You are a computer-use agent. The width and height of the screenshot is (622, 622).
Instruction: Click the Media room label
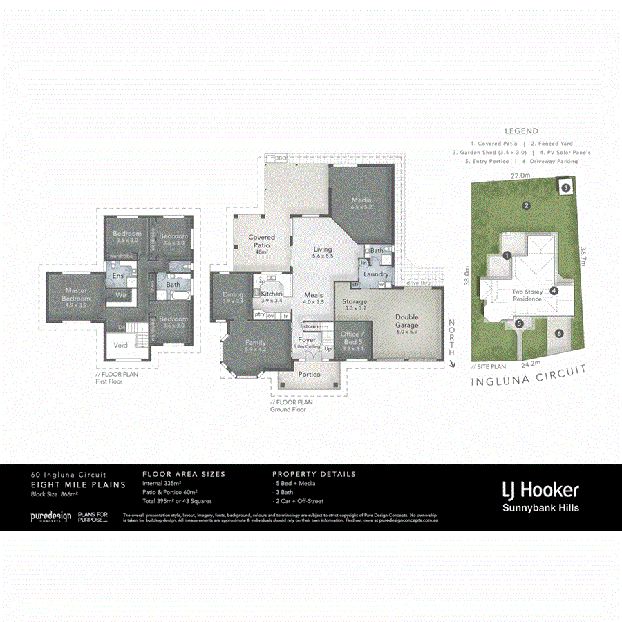point(361,201)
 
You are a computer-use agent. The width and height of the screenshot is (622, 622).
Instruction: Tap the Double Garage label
point(407,322)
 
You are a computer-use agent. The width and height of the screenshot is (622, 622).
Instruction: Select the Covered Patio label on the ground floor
point(261,241)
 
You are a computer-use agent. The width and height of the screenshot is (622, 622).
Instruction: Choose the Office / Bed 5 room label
point(353,339)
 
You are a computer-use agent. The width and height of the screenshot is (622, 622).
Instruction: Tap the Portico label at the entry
point(309,374)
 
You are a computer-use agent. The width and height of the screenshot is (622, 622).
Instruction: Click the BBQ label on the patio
point(280,158)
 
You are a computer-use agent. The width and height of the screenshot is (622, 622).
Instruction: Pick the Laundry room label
point(377,274)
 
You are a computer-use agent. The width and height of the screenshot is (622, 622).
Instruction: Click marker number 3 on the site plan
point(565,187)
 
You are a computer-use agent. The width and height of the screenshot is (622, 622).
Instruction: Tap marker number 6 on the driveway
point(559,333)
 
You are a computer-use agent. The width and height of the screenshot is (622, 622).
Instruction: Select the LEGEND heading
point(521,131)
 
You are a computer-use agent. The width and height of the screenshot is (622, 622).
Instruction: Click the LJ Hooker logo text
point(540,490)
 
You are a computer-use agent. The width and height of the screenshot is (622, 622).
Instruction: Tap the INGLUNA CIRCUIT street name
point(528,377)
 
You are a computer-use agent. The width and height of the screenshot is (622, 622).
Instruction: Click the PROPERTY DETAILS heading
point(314,474)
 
